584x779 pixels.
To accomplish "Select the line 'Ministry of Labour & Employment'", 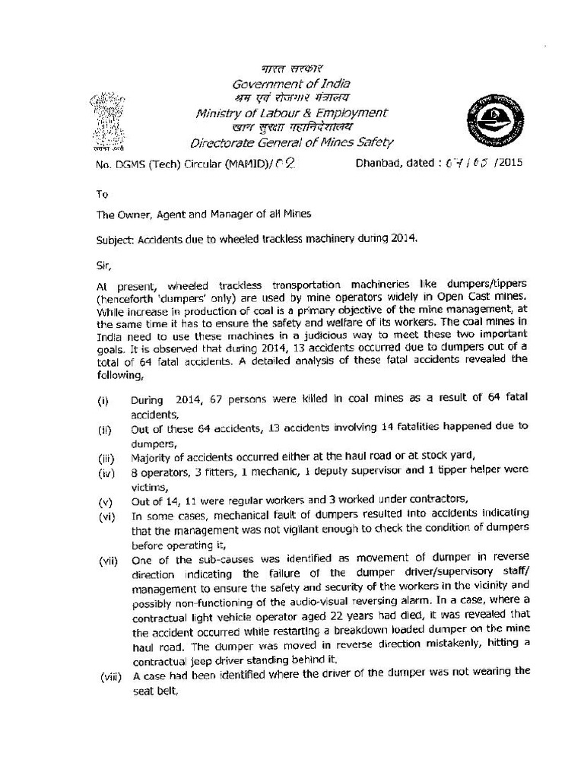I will point(291,113).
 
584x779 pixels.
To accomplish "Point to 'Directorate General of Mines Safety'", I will point(292,141).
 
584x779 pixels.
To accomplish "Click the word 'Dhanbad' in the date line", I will point(377,162).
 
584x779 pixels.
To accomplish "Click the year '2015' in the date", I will point(509,162).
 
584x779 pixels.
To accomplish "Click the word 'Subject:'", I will point(116,237).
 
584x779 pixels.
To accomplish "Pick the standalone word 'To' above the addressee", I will point(102,195).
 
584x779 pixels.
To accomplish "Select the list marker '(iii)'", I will point(105,457).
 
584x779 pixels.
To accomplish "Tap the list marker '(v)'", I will point(104,500).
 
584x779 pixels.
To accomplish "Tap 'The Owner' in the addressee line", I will point(122,214).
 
